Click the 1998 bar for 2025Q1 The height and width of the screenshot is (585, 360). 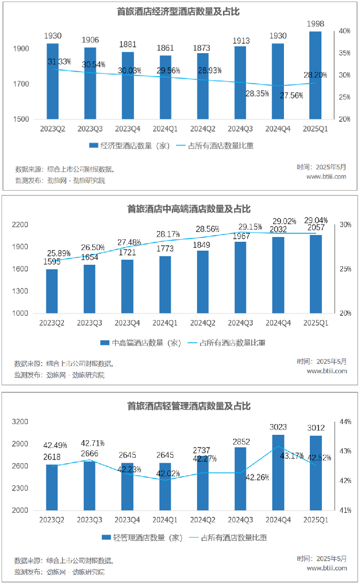click(316, 76)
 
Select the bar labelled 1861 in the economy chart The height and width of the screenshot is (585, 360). click(165, 88)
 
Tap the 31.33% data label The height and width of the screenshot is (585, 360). click(60, 62)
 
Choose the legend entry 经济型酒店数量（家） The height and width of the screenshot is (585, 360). click(129, 146)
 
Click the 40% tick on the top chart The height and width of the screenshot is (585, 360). click(345, 31)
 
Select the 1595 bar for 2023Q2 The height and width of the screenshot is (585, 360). click(52, 291)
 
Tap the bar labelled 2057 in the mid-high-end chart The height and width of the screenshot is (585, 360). click(316, 274)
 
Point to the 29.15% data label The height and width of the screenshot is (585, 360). click(250, 227)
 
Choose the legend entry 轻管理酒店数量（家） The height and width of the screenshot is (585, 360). click(141, 538)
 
